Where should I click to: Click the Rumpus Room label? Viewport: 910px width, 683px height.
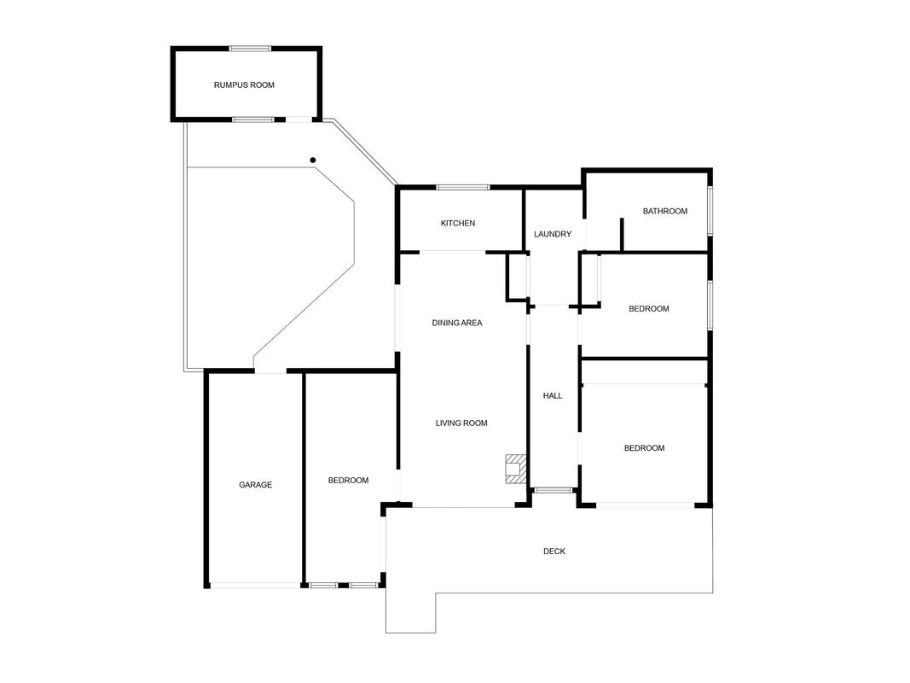click(244, 85)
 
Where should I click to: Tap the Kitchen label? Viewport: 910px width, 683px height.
click(458, 223)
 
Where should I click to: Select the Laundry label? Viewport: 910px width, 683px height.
click(553, 234)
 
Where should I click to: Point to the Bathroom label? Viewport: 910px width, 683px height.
click(665, 211)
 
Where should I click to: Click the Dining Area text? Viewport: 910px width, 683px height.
click(457, 323)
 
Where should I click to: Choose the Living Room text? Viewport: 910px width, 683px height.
click(461, 423)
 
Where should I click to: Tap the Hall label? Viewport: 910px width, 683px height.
click(553, 395)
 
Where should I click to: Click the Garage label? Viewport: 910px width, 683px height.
click(255, 484)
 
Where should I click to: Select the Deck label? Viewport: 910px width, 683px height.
click(554, 552)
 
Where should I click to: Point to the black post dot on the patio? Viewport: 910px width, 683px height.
click(313, 160)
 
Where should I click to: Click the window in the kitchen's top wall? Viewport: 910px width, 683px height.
click(463, 187)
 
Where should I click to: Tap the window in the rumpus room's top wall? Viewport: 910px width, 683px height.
click(250, 49)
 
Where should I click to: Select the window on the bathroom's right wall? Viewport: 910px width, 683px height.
click(710, 211)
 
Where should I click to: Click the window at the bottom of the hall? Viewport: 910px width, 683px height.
click(553, 491)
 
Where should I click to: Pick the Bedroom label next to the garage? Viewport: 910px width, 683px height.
click(348, 481)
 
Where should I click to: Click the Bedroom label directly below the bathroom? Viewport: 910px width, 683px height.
click(649, 308)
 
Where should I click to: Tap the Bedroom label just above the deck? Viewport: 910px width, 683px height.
click(644, 447)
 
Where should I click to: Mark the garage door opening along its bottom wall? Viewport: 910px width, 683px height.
click(255, 586)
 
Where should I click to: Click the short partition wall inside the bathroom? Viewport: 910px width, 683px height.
click(622, 235)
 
